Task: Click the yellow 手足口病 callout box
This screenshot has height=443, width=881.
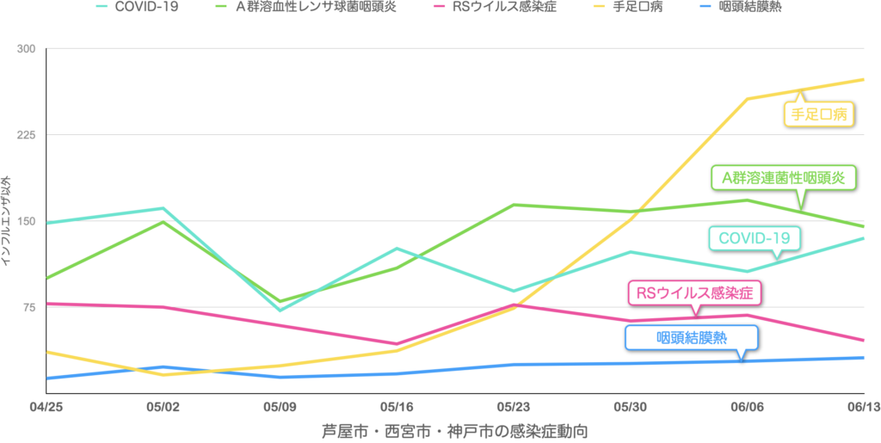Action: click(817, 113)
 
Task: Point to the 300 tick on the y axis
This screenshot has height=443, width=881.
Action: click(27, 48)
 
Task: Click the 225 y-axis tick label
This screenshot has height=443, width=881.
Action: click(27, 135)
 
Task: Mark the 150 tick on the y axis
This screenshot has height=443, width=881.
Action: click(27, 221)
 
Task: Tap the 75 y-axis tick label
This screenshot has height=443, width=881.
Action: click(28, 308)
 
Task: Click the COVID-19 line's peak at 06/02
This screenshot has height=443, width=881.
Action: click(163, 207)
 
